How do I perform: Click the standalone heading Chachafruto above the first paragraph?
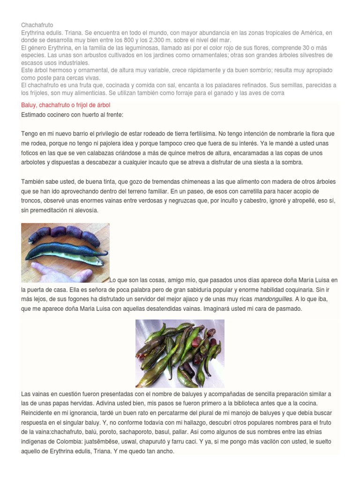click(x=37, y=25)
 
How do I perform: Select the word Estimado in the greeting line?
click(x=35, y=114)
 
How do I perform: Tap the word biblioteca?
click(x=258, y=403)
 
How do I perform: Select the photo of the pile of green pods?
click(x=180, y=346)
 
